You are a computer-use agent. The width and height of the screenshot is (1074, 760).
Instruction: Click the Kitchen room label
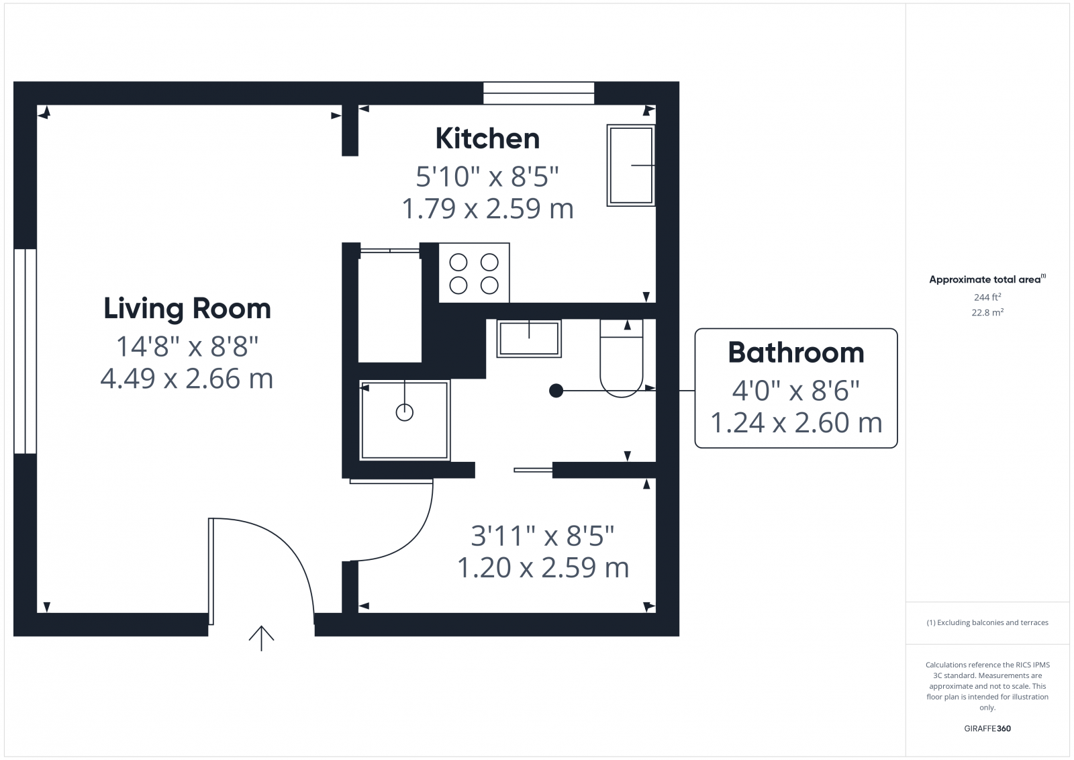pyautogui.click(x=487, y=139)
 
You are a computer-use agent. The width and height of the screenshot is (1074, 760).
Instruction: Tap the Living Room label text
pyautogui.click(x=187, y=309)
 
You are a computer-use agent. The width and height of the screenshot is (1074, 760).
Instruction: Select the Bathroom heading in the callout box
pyautogui.click(x=796, y=353)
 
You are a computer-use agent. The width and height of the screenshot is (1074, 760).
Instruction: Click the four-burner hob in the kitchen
pyautogui.click(x=474, y=273)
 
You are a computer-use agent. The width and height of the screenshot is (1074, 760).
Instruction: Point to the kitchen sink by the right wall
pyautogui.click(x=631, y=165)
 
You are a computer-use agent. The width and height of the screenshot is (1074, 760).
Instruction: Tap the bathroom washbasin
pyautogui.click(x=529, y=338)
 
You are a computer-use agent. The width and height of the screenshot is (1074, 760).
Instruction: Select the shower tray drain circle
pyautogui.click(x=405, y=412)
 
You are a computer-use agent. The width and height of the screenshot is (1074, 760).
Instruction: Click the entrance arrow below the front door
pyautogui.click(x=261, y=638)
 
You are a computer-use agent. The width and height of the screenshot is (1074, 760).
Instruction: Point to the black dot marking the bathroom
pyautogui.click(x=556, y=390)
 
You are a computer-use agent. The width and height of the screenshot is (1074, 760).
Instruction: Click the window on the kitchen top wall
pyautogui.click(x=539, y=93)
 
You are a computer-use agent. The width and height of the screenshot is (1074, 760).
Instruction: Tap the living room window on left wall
pyautogui.click(x=25, y=351)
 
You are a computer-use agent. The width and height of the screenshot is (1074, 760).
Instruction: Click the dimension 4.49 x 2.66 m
pyautogui.click(x=187, y=379)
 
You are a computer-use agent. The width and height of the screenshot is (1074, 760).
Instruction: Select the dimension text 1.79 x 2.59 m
pyautogui.click(x=487, y=209)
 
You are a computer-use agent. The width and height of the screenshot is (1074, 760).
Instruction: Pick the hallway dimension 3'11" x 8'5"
pyautogui.click(x=542, y=536)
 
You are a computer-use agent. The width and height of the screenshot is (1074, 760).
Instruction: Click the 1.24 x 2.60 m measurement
pyautogui.click(x=796, y=423)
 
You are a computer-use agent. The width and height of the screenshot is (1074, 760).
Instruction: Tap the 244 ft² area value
pyautogui.click(x=987, y=297)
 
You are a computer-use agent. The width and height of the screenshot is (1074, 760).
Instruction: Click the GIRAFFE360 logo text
pyautogui.click(x=987, y=728)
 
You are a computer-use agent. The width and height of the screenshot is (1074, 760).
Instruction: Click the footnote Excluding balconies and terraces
pyautogui.click(x=987, y=622)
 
